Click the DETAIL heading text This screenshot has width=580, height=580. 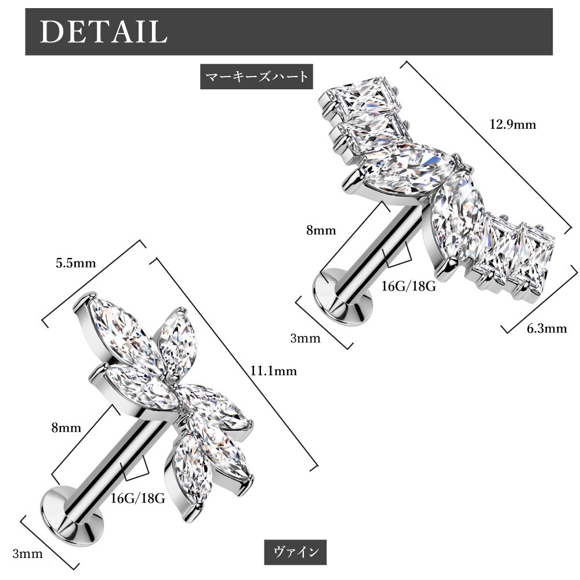104,32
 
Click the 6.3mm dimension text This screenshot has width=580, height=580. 546,329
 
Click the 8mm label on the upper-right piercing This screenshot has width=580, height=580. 321,230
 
